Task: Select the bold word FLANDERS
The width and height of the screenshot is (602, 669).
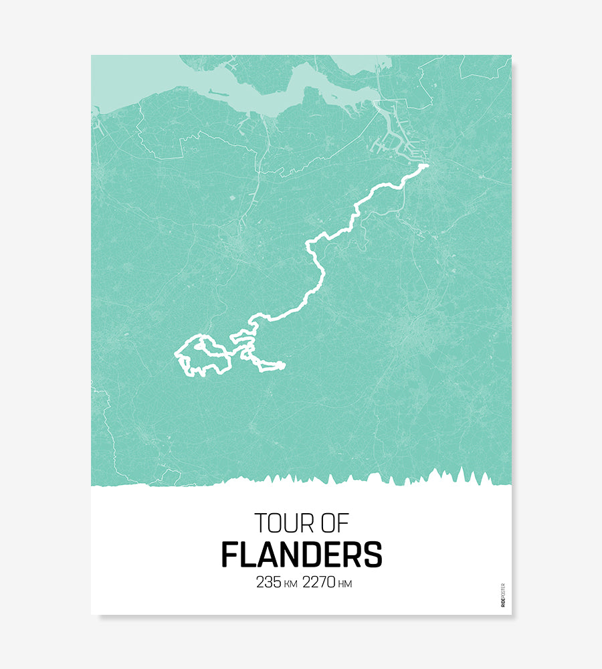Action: pyautogui.click(x=301, y=555)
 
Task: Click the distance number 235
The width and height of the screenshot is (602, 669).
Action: pyautogui.click(x=268, y=583)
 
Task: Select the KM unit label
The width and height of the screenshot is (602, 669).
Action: pyautogui.click(x=290, y=584)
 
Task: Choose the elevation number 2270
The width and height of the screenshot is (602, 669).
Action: pyautogui.click(x=319, y=583)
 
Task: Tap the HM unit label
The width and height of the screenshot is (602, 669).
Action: pyautogui.click(x=345, y=584)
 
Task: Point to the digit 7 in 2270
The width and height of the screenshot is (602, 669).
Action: pyautogui.click(x=321, y=583)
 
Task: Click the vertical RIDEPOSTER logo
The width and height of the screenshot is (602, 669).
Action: pyautogui.click(x=503, y=595)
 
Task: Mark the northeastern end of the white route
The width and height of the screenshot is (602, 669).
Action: pyautogui.click(x=425, y=165)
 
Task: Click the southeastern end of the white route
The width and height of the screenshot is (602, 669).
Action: pyautogui.click(x=283, y=365)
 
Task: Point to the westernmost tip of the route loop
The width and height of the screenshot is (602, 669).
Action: pyautogui.click(x=176, y=354)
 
